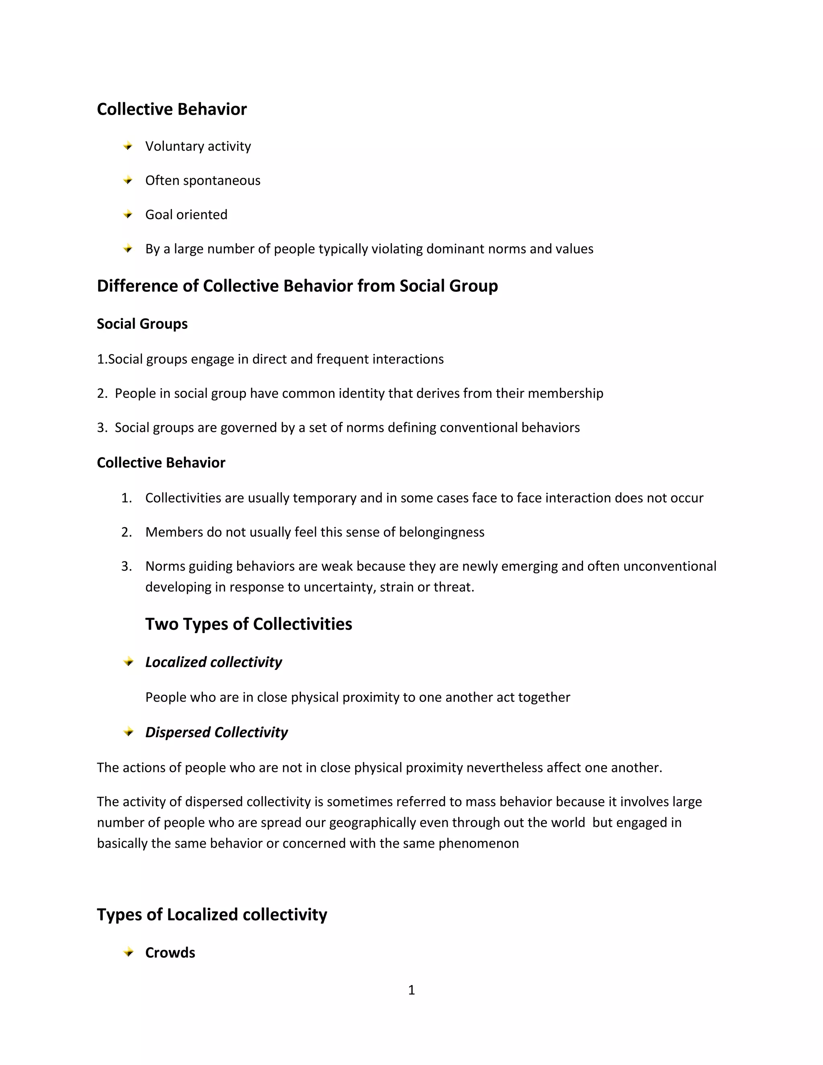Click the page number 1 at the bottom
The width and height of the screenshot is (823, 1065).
411,990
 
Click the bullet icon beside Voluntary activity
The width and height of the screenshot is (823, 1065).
128,146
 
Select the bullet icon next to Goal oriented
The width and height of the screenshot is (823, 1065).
128,215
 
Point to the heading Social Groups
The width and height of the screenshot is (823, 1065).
142,324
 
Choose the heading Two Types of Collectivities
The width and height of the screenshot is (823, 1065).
248,624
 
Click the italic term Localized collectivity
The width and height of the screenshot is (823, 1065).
213,662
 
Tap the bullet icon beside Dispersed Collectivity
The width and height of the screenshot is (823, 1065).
128,732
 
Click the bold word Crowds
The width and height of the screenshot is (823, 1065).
170,953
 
